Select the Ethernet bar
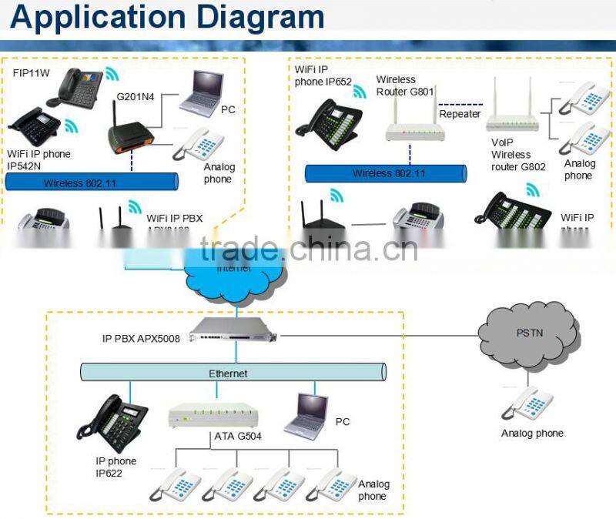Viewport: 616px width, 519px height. [x=231, y=373]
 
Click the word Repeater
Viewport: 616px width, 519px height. [x=460, y=114]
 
